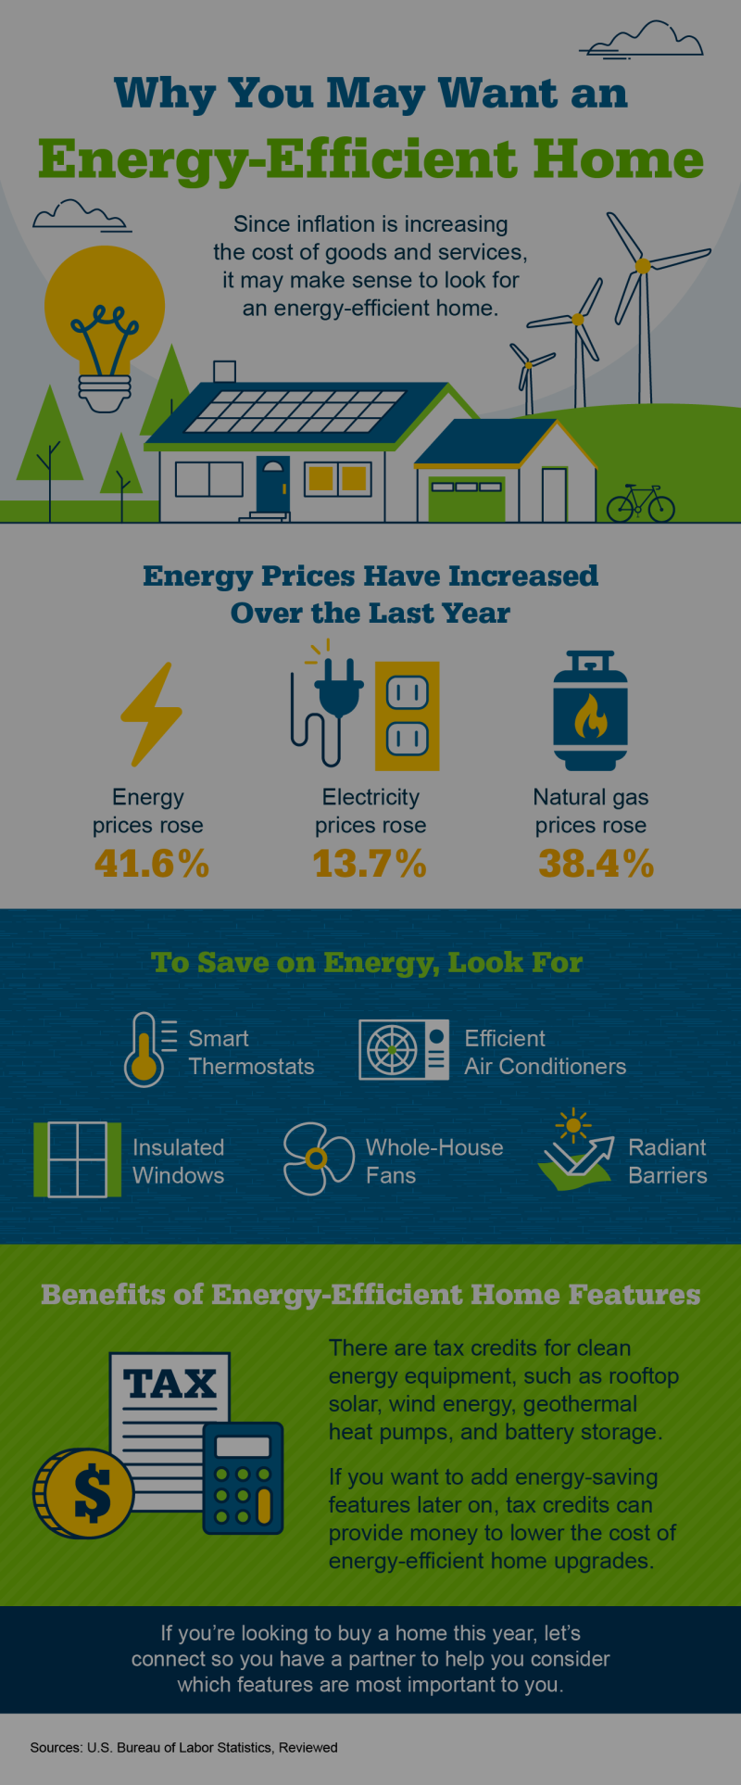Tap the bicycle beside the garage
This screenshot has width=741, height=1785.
[x=641, y=503]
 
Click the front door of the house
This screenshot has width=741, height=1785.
[x=272, y=484]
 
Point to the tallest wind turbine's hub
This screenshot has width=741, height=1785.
[x=642, y=266]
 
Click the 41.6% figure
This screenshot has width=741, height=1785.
[x=152, y=864]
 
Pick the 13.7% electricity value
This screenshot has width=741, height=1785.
[x=370, y=864]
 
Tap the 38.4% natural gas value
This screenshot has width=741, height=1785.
[x=596, y=864]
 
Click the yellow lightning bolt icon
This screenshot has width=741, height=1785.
[x=151, y=714]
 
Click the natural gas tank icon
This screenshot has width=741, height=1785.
[x=590, y=712]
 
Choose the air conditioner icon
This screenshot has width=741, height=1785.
[x=404, y=1050]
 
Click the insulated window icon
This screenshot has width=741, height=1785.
[x=77, y=1159]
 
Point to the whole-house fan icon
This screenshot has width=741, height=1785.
[x=317, y=1158]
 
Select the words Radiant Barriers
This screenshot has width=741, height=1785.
[x=667, y=1161]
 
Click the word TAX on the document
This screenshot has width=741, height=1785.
[x=170, y=1384]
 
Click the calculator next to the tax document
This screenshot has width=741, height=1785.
[x=243, y=1478]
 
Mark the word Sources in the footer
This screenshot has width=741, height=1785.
[x=56, y=1747]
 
